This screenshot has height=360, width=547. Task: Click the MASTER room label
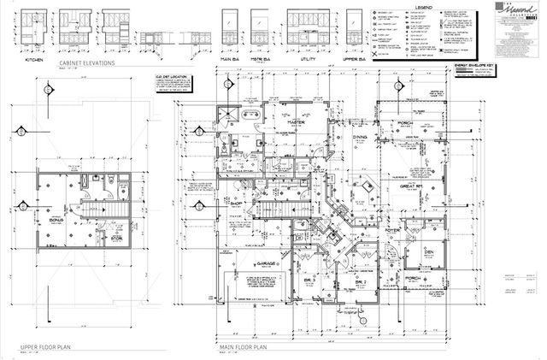tap(297, 122)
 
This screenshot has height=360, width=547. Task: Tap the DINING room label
tap(360, 137)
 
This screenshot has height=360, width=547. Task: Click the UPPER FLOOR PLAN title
tap(46, 348)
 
